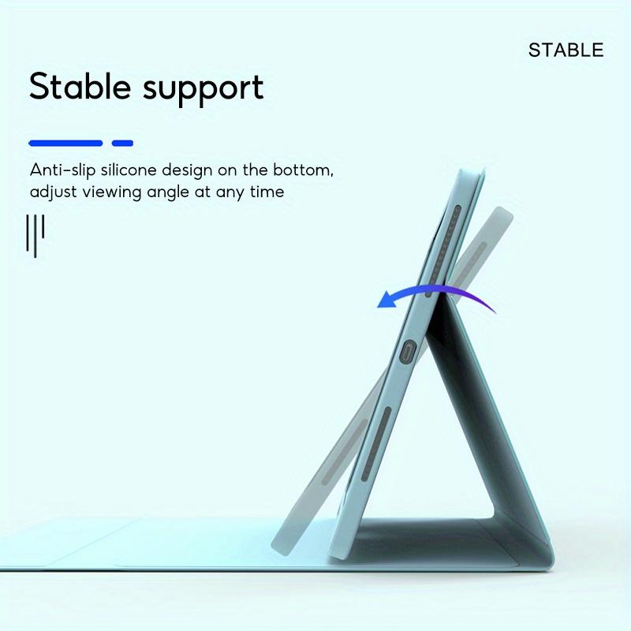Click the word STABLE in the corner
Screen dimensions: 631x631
click(566, 50)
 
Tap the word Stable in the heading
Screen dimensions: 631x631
click(80, 87)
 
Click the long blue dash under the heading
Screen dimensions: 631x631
click(65, 144)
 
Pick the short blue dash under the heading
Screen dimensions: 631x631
click(122, 144)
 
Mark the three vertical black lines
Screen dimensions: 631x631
click(35, 234)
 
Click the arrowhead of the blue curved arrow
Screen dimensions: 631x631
click(385, 301)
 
